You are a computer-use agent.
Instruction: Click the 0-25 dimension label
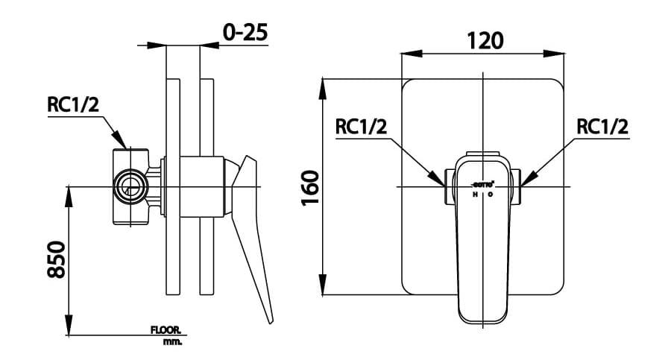[x=245, y=32]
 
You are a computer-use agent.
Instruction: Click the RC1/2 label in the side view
[x=73, y=105]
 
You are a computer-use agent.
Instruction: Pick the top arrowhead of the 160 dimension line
[x=323, y=85]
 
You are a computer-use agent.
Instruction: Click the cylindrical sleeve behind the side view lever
[x=202, y=186]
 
